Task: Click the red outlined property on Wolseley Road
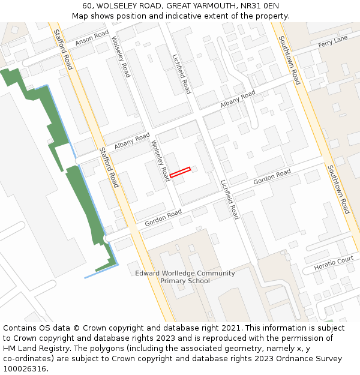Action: click(x=180, y=172)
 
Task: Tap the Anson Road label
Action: click(x=92, y=38)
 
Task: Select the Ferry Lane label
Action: click(x=333, y=41)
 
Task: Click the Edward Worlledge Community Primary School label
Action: click(x=185, y=277)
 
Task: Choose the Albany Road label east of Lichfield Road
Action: click(x=238, y=99)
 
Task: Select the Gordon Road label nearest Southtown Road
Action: click(x=272, y=177)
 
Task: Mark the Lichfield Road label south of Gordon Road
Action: click(x=229, y=200)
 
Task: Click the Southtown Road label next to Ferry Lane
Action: click(x=289, y=60)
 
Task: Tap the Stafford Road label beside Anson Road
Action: click(x=64, y=49)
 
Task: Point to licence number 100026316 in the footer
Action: click(x=24, y=368)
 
